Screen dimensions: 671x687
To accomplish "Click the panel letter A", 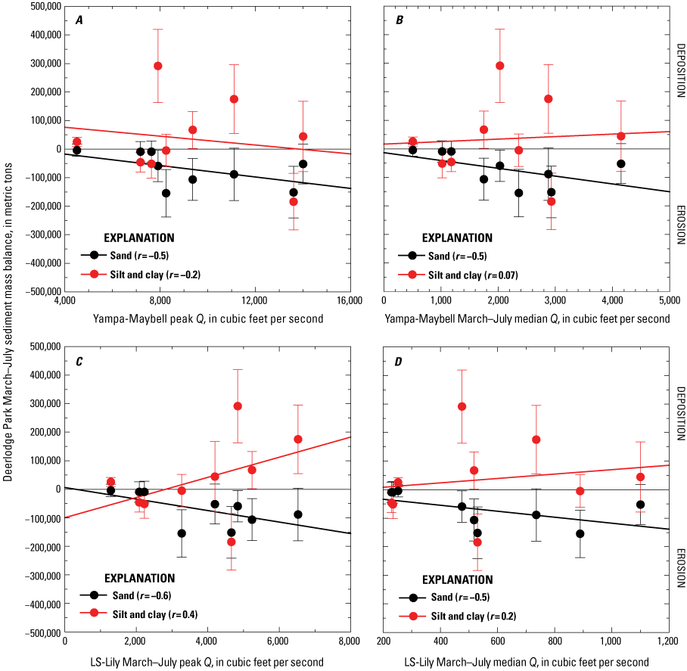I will pos(79,19).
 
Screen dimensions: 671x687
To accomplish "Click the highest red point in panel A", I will pos(158,66).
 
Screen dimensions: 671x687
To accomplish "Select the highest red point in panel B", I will pos(500,66).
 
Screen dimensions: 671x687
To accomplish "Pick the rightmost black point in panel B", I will pos(621,163).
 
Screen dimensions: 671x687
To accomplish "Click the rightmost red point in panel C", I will pos(298,439).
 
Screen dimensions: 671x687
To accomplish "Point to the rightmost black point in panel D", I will pos(640,505).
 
